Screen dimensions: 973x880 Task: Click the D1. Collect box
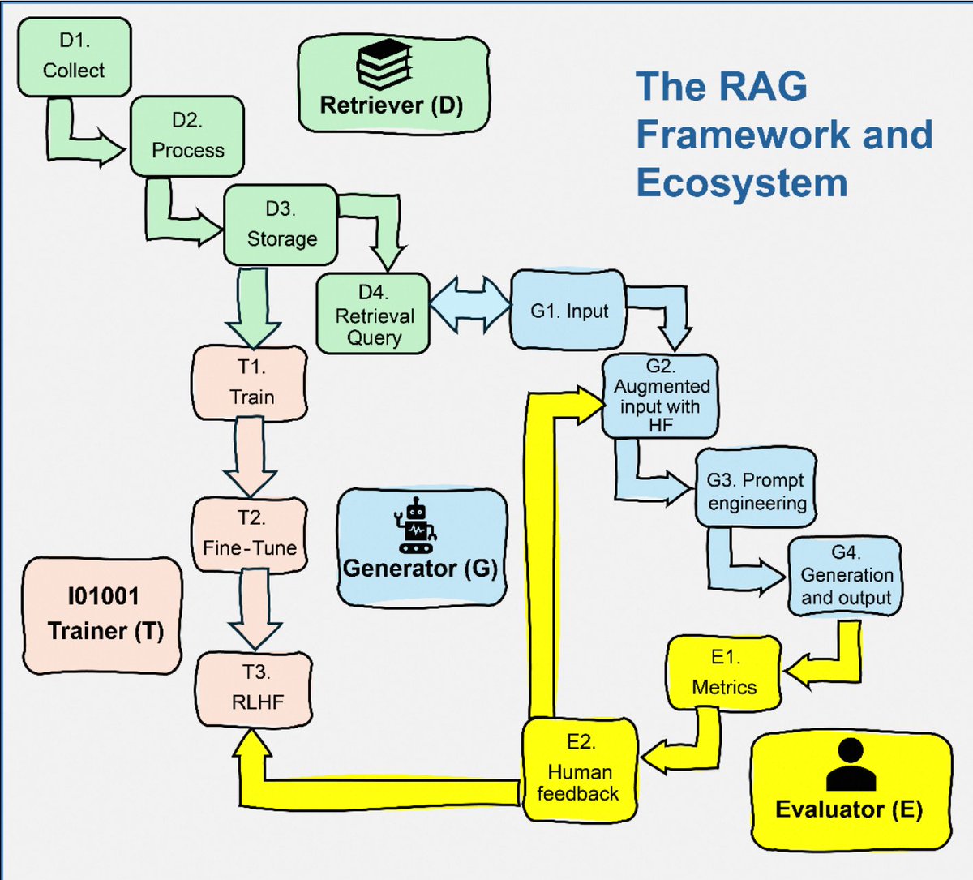tap(75, 57)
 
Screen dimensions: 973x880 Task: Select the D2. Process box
tap(187, 136)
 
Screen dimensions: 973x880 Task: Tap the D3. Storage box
tap(281, 225)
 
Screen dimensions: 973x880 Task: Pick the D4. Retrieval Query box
tap(373, 314)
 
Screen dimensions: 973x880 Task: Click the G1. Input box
tap(568, 310)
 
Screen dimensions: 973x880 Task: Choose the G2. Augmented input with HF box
tap(660, 396)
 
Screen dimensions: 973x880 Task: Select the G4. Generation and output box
tap(845, 576)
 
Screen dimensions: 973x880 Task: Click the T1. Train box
tap(251, 383)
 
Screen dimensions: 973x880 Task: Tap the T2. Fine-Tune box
tap(251, 534)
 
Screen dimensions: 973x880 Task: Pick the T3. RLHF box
tap(254, 689)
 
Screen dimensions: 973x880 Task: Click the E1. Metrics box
tap(725, 673)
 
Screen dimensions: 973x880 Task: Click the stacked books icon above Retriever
tap(384, 65)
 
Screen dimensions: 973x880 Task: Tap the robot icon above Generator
tap(416, 526)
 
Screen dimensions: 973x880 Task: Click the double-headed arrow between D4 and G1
tap(470, 305)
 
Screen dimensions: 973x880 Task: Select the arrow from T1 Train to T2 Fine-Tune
tap(251, 457)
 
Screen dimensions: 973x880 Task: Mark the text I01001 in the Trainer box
tap(103, 596)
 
